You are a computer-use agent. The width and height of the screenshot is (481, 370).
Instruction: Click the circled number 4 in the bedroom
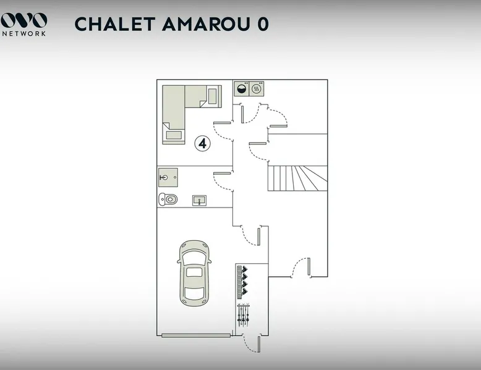[x=203, y=143]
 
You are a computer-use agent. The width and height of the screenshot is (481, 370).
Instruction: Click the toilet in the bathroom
[x=168, y=199]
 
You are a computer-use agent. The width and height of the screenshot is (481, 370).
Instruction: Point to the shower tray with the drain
[x=168, y=177]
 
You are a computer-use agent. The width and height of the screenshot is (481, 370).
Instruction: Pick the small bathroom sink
[x=199, y=200]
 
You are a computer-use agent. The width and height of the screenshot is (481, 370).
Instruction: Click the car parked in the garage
[x=194, y=272]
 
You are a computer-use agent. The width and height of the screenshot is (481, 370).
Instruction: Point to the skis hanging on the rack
[x=244, y=314]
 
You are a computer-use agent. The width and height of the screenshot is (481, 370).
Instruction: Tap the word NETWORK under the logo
[x=23, y=33]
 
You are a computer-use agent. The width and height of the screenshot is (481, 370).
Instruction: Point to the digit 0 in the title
[x=262, y=24]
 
